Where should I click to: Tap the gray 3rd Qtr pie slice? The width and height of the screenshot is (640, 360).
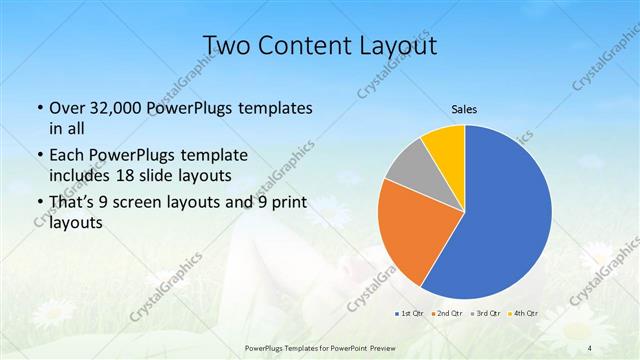(x=407, y=169)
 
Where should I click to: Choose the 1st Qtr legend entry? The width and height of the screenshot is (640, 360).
(x=409, y=314)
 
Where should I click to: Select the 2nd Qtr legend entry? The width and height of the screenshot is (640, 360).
(x=445, y=314)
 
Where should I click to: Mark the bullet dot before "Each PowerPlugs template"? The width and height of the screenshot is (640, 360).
(x=38, y=156)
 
